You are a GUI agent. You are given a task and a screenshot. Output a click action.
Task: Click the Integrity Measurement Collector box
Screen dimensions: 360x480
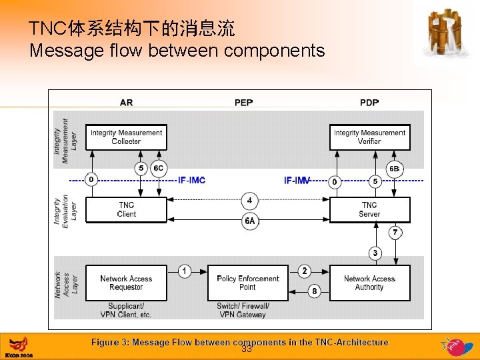pos(126,137)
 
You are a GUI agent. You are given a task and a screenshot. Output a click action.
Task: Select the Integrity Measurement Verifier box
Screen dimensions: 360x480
pos(369,137)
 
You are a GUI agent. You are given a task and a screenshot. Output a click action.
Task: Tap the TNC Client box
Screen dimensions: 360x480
pos(126,210)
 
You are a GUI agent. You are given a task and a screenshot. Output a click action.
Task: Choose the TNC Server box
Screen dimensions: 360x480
pos(369,210)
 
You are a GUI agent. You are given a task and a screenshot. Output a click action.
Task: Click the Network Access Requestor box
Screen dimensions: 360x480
pos(126,283)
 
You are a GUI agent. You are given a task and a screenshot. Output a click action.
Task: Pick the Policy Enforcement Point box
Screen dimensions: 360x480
pos(247,283)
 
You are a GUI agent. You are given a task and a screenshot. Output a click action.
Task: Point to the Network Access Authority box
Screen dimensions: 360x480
pos(369,283)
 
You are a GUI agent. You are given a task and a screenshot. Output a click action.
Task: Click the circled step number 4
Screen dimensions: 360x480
pos(249,200)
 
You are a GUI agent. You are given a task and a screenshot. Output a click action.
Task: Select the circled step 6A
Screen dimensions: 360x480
pos(249,221)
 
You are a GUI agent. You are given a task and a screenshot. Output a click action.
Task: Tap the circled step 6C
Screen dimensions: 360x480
pos(159,169)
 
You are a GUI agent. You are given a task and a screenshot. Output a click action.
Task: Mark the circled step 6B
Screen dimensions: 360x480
pos(395,169)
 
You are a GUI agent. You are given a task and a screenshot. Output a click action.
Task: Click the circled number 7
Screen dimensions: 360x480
pos(395,233)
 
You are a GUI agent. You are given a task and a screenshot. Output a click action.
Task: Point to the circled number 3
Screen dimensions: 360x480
pos(375,253)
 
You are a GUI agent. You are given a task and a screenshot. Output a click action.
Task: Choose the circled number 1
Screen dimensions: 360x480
pos(185,271)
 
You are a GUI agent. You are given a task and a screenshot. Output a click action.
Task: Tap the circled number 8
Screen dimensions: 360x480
pos(315,291)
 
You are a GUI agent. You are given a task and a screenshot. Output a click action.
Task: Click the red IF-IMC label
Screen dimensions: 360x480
pos(191,181)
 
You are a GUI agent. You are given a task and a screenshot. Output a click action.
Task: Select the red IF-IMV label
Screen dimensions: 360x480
pos(297,181)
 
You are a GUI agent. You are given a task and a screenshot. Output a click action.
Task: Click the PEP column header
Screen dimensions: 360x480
pos(243,103)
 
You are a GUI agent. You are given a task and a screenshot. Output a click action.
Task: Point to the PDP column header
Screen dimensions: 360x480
pos(369,103)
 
